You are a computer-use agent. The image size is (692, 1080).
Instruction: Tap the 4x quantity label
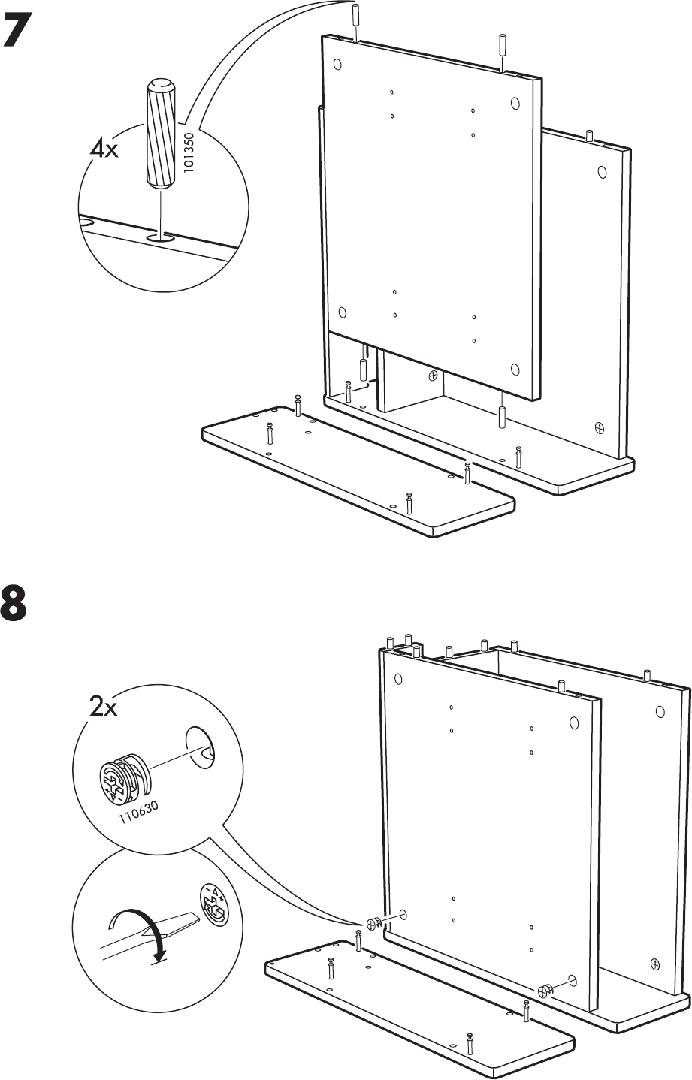(x=104, y=149)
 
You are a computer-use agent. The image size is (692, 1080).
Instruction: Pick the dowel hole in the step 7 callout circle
(x=159, y=238)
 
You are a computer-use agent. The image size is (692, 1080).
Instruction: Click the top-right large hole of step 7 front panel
(x=515, y=103)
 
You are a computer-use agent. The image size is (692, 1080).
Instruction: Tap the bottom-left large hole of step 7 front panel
(x=342, y=313)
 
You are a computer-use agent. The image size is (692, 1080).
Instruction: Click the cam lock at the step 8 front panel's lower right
(x=547, y=988)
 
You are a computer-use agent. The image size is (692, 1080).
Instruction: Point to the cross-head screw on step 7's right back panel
(x=599, y=428)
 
